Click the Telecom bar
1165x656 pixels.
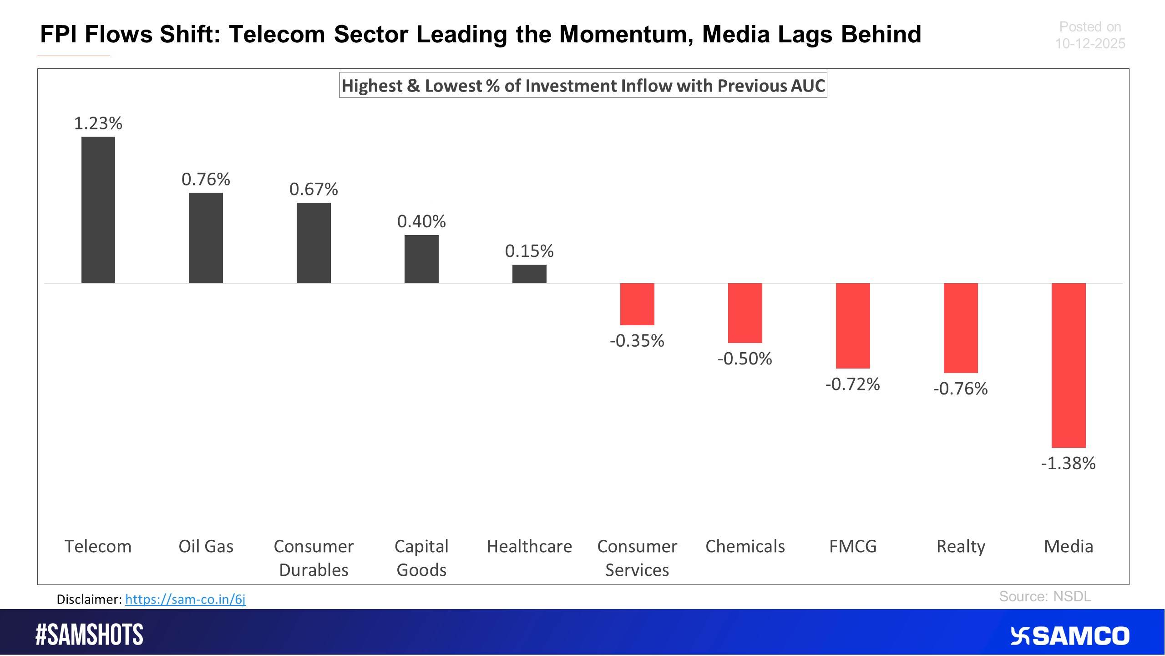pyautogui.click(x=98, y=210)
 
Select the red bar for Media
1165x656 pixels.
pyautogui.click(x=1068, y=365)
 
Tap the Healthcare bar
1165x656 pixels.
pyautogui.click(x=529, y=274)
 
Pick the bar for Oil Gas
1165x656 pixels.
pyautogui.click(x=206, y=238)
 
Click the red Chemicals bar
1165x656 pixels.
pyautogui.click(x=745, y=313)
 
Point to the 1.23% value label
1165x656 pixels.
pyautogui.click(x=98, y=123)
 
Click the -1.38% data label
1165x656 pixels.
pyautogui.click(x=1068, y=463)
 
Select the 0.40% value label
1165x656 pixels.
pyautogui.click(x=421, y=221)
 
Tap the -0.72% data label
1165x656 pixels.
pyautogui.click(x=852, y=384)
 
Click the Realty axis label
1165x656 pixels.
pyautogui.click(x=961, y=546)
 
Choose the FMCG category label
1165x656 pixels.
pyautogui.click(x=852, y=546)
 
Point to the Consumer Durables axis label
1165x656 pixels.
pyautogui.click(x=314, y=558)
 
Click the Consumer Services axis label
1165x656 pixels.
pyautogui.click(x=637, y=558)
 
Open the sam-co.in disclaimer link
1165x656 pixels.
pyautogui.click(x=185, y=599)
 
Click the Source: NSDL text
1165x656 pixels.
pyautogui.click(x=1045, y=596)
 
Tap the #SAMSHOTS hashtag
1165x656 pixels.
pyautogui.click(x=90, y=635)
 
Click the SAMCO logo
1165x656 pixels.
pyautogui.click(x=1070, y=636)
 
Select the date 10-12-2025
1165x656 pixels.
pyautogui.click(x=1090, y=44)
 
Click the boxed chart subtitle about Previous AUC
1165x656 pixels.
pyautogui.click(x=583, y=86)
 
